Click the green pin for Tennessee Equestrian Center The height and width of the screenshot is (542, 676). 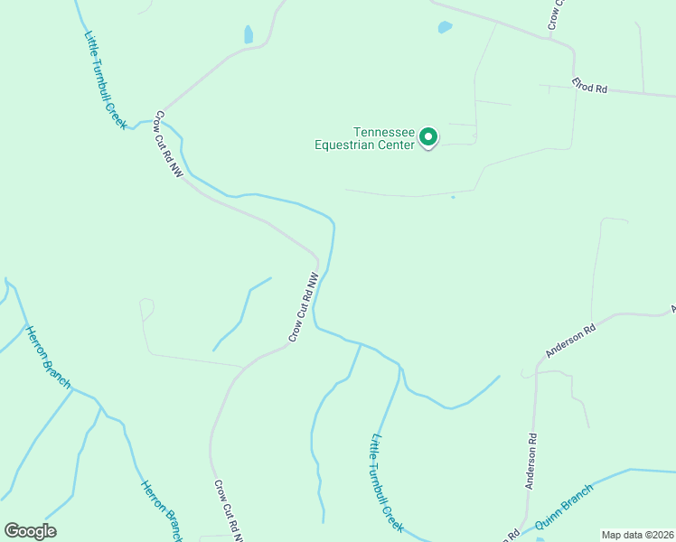pos(428,137)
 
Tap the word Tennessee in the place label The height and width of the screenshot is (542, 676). pos(383,131)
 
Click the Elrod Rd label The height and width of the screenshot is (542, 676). pos(589,87)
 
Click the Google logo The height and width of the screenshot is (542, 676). pos(30,531)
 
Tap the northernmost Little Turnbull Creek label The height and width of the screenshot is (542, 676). pos(105,80)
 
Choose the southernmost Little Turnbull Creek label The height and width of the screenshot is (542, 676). pos(386,482)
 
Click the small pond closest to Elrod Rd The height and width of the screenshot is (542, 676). pos(445,27)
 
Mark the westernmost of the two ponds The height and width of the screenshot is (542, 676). pos(249,35)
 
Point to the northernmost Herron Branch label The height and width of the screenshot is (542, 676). pos(48,357)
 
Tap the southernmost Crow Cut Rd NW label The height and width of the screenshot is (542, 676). pos(229,510)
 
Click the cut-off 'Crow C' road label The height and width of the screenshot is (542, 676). pos(556,14)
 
